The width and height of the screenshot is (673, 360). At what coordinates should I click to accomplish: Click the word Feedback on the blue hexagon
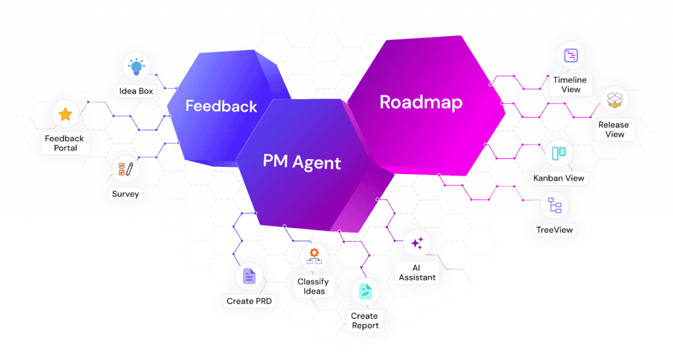point(221,106)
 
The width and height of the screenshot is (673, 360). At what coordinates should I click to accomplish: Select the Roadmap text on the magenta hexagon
point(421,102)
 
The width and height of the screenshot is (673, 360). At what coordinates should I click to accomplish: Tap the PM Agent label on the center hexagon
point(302,161)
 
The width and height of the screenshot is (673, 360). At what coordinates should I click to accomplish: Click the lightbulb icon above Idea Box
point(137,66)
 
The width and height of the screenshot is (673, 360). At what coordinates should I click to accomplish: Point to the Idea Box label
point(137,91)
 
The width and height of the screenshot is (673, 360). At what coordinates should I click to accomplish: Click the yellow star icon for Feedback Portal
point(65,115)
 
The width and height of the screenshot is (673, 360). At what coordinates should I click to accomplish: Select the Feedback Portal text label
point(65,143)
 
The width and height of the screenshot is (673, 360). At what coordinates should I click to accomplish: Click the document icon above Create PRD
point(249,277)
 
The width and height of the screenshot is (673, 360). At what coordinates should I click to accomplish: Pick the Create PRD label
point(249,301)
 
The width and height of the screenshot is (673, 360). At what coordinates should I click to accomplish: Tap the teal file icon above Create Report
point(364,292)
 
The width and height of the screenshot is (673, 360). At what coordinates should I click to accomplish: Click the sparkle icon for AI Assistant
point(417,244)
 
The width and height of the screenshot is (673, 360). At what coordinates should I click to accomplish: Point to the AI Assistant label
point(417,273)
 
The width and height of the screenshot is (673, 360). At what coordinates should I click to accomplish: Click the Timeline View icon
point(570,56)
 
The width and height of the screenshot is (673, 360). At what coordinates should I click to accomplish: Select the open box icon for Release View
point(615,100)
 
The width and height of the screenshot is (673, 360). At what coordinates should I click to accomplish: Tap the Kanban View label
point(559,178)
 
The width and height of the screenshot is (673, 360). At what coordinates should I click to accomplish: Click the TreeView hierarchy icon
point(555,206)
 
